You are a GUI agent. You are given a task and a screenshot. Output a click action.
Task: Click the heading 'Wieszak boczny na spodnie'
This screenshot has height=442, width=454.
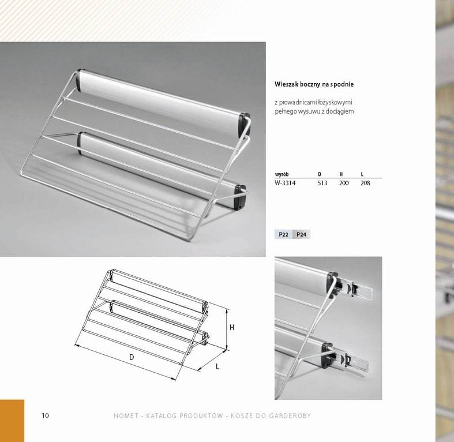click(314, 84)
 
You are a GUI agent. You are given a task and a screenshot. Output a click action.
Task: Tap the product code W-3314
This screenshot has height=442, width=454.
click(285, 183)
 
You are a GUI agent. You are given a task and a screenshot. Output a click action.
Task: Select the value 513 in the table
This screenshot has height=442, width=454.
click(322, 183)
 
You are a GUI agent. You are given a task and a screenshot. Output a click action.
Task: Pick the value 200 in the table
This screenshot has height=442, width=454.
click(344, 183)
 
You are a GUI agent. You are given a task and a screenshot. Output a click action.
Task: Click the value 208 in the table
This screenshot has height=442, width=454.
click(365, 183)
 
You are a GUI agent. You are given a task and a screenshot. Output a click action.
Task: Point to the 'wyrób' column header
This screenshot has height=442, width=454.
click(282, 174)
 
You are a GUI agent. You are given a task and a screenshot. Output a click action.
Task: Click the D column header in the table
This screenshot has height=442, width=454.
click(320, 174)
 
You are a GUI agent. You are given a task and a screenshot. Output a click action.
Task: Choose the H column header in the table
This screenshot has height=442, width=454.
click(341, 174)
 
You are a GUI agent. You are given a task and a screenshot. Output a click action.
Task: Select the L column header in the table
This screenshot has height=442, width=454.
click(362, 174)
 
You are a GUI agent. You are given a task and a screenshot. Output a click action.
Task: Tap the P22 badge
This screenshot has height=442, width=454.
click(283, 234)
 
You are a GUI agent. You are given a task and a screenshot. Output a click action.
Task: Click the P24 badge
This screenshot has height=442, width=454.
click(301, 234)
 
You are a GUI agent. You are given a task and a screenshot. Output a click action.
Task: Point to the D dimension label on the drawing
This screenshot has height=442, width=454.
click(132, 357)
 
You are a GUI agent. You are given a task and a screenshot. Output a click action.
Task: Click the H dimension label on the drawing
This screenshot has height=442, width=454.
click(232, 328)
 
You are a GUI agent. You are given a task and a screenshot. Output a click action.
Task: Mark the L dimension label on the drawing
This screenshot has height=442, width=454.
click(217, 366)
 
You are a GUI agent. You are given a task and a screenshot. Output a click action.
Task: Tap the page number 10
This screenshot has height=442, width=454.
click(45, 415)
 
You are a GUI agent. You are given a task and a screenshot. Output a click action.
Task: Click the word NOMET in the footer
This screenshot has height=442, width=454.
click(126, 416)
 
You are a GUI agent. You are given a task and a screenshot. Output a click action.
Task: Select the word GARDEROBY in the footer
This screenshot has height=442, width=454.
click(290, 416)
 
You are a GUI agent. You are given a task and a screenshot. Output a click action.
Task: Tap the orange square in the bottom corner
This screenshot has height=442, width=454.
click(12, 421)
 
